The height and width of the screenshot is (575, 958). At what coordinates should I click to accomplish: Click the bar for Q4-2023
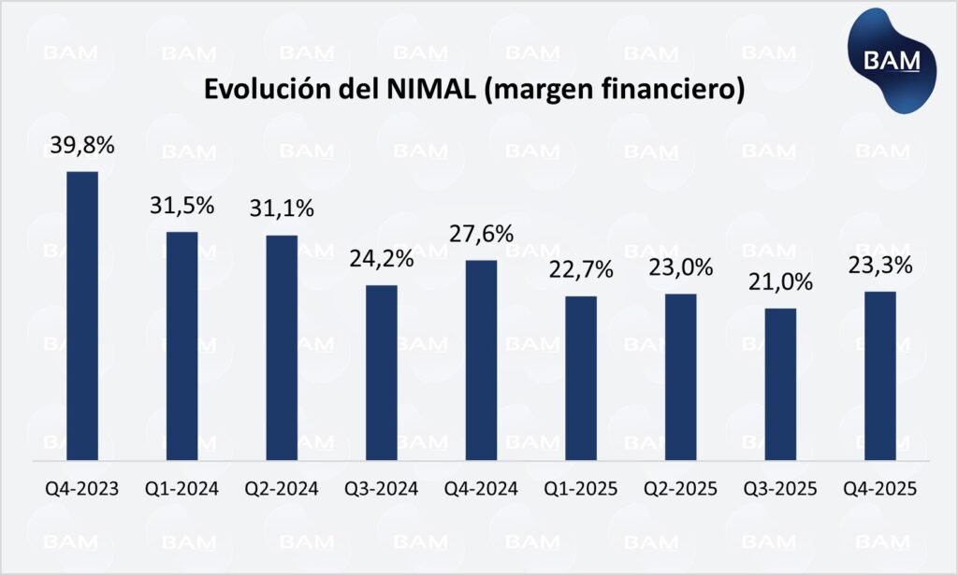pyautogui.click(x=82, y=316)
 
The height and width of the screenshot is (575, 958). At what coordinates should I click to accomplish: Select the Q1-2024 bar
pyautogui.click(x=181, y=346)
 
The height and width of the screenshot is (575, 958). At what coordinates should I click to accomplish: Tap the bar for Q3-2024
pyautogui.click(x=382, y=372)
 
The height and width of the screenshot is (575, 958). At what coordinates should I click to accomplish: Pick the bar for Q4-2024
pyautogui.click(x=481, y=360)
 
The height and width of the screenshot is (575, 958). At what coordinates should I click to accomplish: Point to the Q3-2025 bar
pyautogui.click(x=780, y=384)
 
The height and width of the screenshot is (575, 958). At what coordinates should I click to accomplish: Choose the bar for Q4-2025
pyautogui.click(x=880, y=376)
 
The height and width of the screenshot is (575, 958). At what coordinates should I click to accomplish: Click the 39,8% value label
pyautogui.click(x=82, y=147)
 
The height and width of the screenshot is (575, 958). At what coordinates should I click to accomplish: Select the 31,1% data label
pyautogui.click(x=282, y=208)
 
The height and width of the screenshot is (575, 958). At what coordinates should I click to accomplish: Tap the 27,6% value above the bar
pyautogui.click(x=481, y=234)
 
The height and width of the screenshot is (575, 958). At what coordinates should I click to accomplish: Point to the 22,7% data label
pyautogui.click(x=581, y=271)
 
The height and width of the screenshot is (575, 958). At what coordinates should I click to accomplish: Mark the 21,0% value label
pyautogui.click(x=780, y=282)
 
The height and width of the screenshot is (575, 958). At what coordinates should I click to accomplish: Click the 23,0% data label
pyautogui.click(x=680, y=267)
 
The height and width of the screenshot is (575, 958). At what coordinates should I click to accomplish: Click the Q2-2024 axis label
pyautogui.click(x=282, y=489)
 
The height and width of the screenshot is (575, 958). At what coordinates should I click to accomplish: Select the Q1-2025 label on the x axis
pyautogui.click(x=581, y=489)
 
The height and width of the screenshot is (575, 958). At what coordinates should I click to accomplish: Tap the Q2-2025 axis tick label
pyautogui.click(x=680, y=489)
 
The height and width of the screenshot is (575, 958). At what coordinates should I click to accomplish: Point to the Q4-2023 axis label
pyautogui.click(x=82, y=489)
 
